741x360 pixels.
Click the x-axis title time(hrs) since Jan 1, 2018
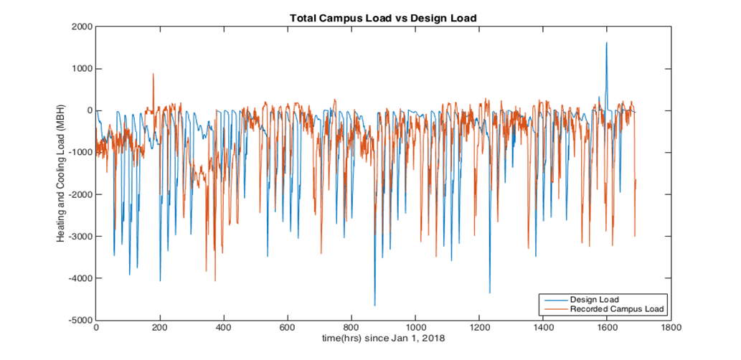[383, 338]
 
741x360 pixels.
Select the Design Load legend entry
[595, 299]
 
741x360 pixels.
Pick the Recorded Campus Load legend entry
[618, 309]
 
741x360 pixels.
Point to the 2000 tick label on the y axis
[80, 27]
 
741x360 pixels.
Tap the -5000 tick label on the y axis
[79, 320]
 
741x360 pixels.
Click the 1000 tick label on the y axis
[80, 69]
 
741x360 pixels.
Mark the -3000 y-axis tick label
[79, 237]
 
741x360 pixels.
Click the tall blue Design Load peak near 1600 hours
[606, 43]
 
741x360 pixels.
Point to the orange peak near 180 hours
[153, 74]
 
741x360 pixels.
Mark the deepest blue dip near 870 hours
[374, 305]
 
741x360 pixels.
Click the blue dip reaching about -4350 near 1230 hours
[490, 292]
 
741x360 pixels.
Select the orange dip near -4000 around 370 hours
[214, 280]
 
